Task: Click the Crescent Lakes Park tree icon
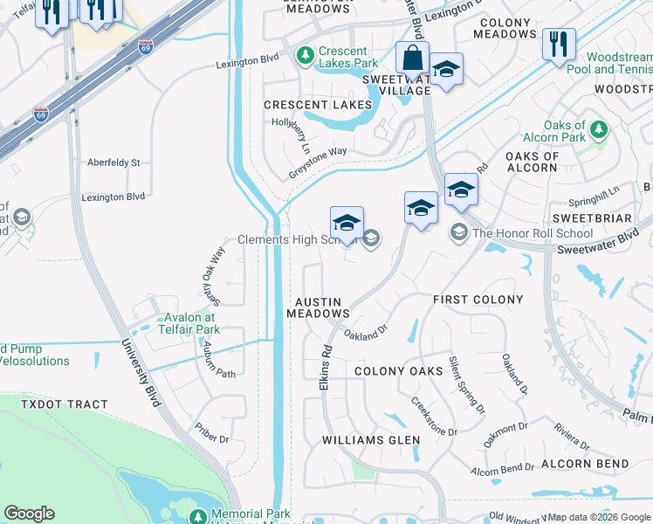(x=305, y=56)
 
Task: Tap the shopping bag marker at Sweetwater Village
(x=411, y=58)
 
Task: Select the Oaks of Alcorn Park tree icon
(x=598, y=130)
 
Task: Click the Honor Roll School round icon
(x=458, y=233)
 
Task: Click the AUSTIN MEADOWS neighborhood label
(x=319, y=307)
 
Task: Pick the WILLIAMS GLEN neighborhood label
(x=371, y=439)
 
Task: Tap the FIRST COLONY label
(x=478, y=300)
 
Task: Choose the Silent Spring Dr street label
(x=466, y=384)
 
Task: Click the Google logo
(x=29, y=513)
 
